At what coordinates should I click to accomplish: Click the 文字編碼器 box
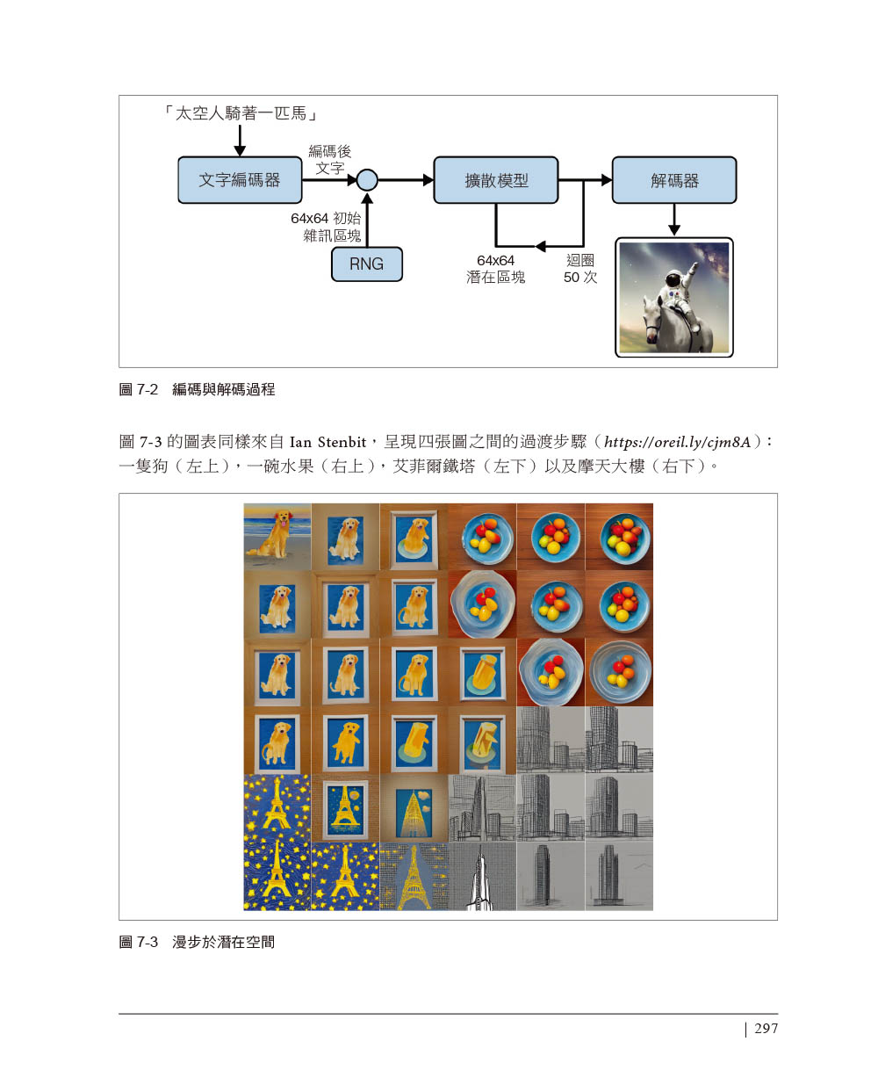click(x=240, y=179)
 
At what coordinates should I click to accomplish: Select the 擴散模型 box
click(x=495, y=179)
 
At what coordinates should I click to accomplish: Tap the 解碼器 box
click(x=673, y=179)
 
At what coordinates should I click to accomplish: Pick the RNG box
click(x=366, y=264)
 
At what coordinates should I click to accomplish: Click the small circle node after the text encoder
click(x=367, y=179)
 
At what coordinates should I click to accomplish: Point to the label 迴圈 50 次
click(x=580, y=269)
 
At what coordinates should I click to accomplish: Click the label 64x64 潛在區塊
click(x=495, y=269)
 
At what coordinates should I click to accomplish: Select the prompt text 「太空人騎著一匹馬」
click(x=241, y=112)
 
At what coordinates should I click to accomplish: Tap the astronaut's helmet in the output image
click(x=673, y=280)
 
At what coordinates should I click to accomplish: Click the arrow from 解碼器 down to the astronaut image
click(x=673, y=220)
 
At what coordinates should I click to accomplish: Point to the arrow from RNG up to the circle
click(x=367, y=220)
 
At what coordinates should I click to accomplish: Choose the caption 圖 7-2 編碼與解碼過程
click(x=197, y=389)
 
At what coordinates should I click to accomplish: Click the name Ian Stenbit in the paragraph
click(x=327, y=442)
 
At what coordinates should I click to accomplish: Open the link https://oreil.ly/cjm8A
click(x=677, y=442)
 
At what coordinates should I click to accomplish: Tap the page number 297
click(x=766, y=1028)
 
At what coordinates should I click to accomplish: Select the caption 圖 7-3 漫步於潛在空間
click(x=197, y=942)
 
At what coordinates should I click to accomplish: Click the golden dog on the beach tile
click(x=276, y=534)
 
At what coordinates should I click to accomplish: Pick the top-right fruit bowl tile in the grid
click(x=619, y=537)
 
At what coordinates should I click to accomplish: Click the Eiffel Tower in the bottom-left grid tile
click(x=277, y=876)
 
